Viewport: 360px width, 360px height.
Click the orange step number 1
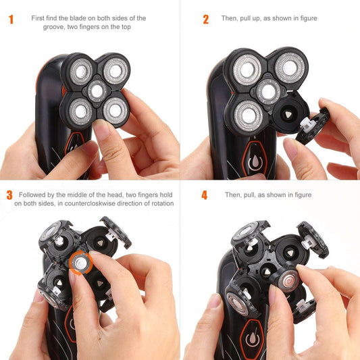[11, 19]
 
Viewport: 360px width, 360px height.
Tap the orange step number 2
[206, 19]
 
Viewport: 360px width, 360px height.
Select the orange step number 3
[9, 195]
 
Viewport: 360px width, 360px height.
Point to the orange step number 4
[205, 196]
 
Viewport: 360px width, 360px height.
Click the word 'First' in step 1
[40, 18]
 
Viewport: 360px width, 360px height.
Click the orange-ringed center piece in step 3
[79, 260]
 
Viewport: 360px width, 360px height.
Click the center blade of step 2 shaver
[268, 91]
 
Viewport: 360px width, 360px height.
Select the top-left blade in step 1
[80, 70]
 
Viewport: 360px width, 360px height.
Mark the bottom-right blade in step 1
[115, 109]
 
